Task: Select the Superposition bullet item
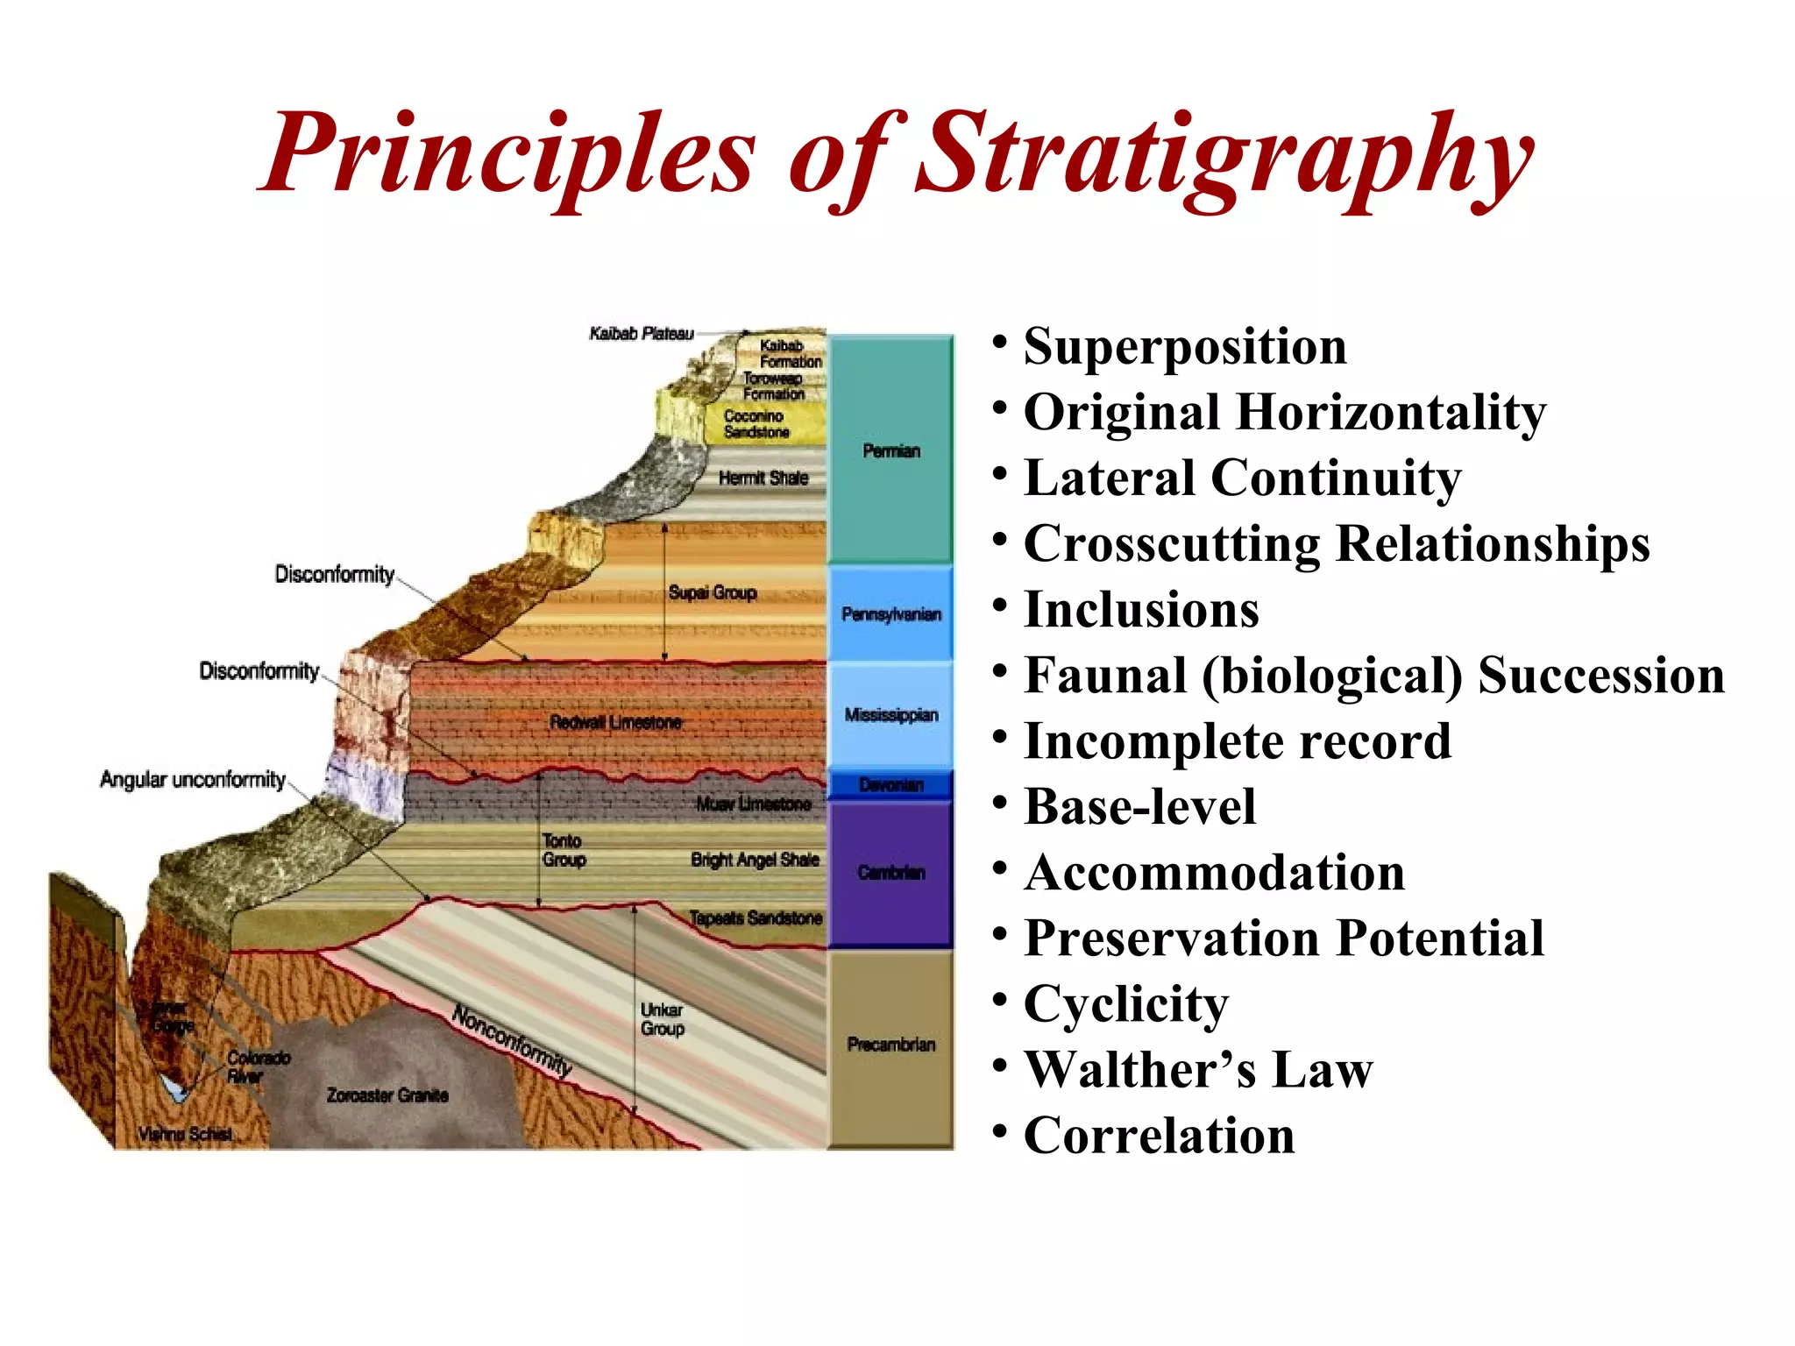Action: tap(1184, 346)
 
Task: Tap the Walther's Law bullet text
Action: tap(1198, 1070)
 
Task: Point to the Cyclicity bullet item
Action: tap(1126, 1004)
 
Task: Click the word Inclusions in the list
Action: tap(1141, 610)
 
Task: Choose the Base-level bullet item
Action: tap(1139, 807)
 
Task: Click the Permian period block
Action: tap(890, 450)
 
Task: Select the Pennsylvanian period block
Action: tap(890, 614)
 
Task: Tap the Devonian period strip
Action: tap(890, 784)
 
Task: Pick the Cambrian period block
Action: tap(890, 873)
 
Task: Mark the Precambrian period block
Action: tap(890, 1045)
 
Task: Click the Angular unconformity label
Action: tap(193, 780)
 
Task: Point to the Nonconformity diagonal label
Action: tap(512, 1041)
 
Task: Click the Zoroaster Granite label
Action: tap(387, 1095)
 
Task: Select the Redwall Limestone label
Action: tap(615, 722)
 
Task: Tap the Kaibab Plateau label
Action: tap(641, 334)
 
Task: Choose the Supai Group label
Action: tap(712, 592)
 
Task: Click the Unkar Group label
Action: tap(662, 1019)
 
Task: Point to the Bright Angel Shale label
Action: tap(755, 860)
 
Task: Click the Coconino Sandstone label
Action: tap(756, 424)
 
